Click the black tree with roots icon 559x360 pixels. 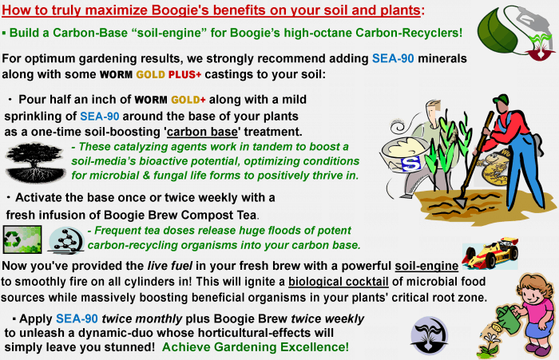point(35,162)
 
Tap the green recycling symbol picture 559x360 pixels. point(22,239)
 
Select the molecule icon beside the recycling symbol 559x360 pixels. point(66,240)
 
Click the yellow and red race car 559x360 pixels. point(491,253)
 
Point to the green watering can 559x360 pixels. point(507,319)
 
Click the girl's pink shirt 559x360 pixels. point(536,311)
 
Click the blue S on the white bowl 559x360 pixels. point(410,164)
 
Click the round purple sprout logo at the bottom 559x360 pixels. point(430,335)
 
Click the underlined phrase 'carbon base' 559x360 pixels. point(202,132)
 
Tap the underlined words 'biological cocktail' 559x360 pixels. point(339,282)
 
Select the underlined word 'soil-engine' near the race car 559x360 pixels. point(426,266)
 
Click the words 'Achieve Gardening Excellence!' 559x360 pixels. point(256,346)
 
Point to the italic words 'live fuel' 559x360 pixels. point(169,266)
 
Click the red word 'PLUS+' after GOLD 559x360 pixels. point(184,74)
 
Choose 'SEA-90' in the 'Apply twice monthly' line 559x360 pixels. point(77,318)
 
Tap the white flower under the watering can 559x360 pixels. point(492,337)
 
